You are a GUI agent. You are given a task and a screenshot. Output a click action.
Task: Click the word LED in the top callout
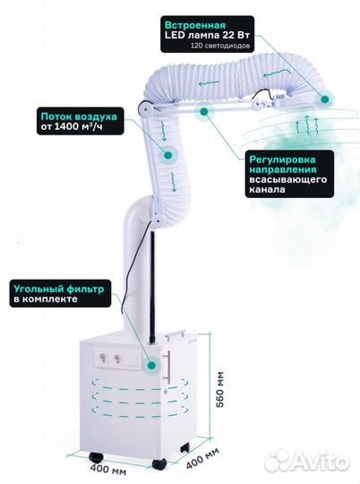coord(175,35)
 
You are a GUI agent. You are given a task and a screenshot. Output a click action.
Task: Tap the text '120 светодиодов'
coord(220,46)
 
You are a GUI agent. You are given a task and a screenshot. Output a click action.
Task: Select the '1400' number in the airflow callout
coord(66,126)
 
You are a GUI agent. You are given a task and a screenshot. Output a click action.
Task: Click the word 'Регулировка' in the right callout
coord(282,160)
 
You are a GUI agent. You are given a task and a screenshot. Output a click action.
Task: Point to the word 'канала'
coord(267,189)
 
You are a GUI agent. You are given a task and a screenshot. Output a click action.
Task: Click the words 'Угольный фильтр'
coord(58,290)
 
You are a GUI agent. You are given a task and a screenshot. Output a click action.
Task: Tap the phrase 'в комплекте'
coord(46,299)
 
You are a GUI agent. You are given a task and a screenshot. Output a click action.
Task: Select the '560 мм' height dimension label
coord(220,389)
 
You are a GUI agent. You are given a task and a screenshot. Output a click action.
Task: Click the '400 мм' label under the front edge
coord(108,470)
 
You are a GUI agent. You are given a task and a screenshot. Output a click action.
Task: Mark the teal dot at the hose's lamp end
coord(324,99)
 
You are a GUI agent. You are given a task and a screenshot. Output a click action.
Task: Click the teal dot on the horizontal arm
coord(203,111)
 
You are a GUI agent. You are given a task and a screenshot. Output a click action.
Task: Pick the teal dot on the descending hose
coord(167,155)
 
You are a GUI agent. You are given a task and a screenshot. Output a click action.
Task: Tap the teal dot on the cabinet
coord(151,366)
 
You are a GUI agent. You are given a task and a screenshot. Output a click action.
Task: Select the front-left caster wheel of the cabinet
coord(96,457)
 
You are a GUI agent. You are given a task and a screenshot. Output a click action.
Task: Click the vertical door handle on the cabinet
coord(168,367)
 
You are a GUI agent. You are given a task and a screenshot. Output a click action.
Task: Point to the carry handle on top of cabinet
coord(175,335)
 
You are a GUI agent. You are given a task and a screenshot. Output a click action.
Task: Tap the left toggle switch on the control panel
coord(102,358)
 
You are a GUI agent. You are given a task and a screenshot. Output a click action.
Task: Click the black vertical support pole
coord(152,286)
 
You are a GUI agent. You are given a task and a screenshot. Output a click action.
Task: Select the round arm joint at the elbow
coord(144,108)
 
